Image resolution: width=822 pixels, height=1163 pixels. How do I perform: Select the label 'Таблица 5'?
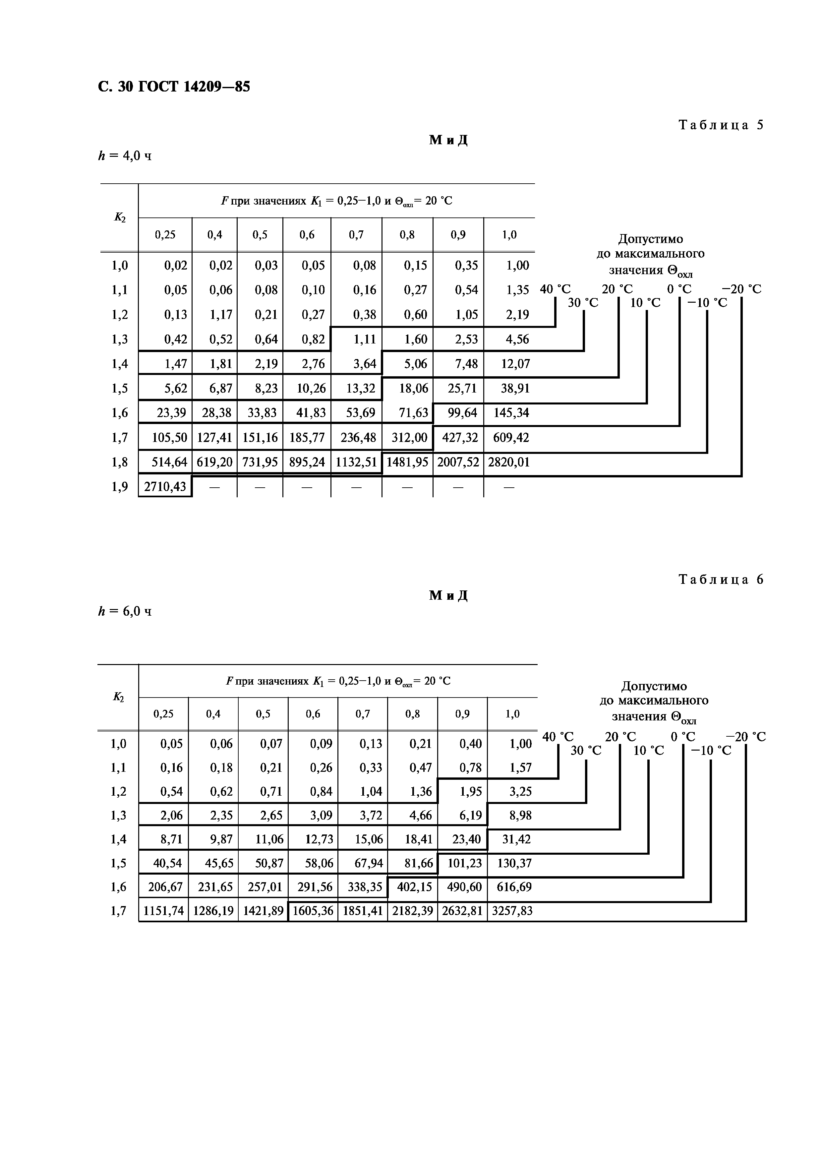coord(720,125)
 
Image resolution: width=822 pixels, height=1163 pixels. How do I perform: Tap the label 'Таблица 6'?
coord(720,580)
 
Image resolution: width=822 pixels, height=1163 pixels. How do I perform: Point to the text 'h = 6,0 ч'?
coord(125,611)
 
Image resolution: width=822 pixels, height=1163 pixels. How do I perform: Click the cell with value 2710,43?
coord(165,487)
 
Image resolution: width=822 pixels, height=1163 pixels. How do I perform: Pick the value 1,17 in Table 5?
coord(221,315)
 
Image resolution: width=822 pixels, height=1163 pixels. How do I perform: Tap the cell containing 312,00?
coord(409,437)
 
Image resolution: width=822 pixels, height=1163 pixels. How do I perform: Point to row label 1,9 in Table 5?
coord(120,487)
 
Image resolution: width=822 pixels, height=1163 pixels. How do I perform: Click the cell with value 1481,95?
coord(407,462)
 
